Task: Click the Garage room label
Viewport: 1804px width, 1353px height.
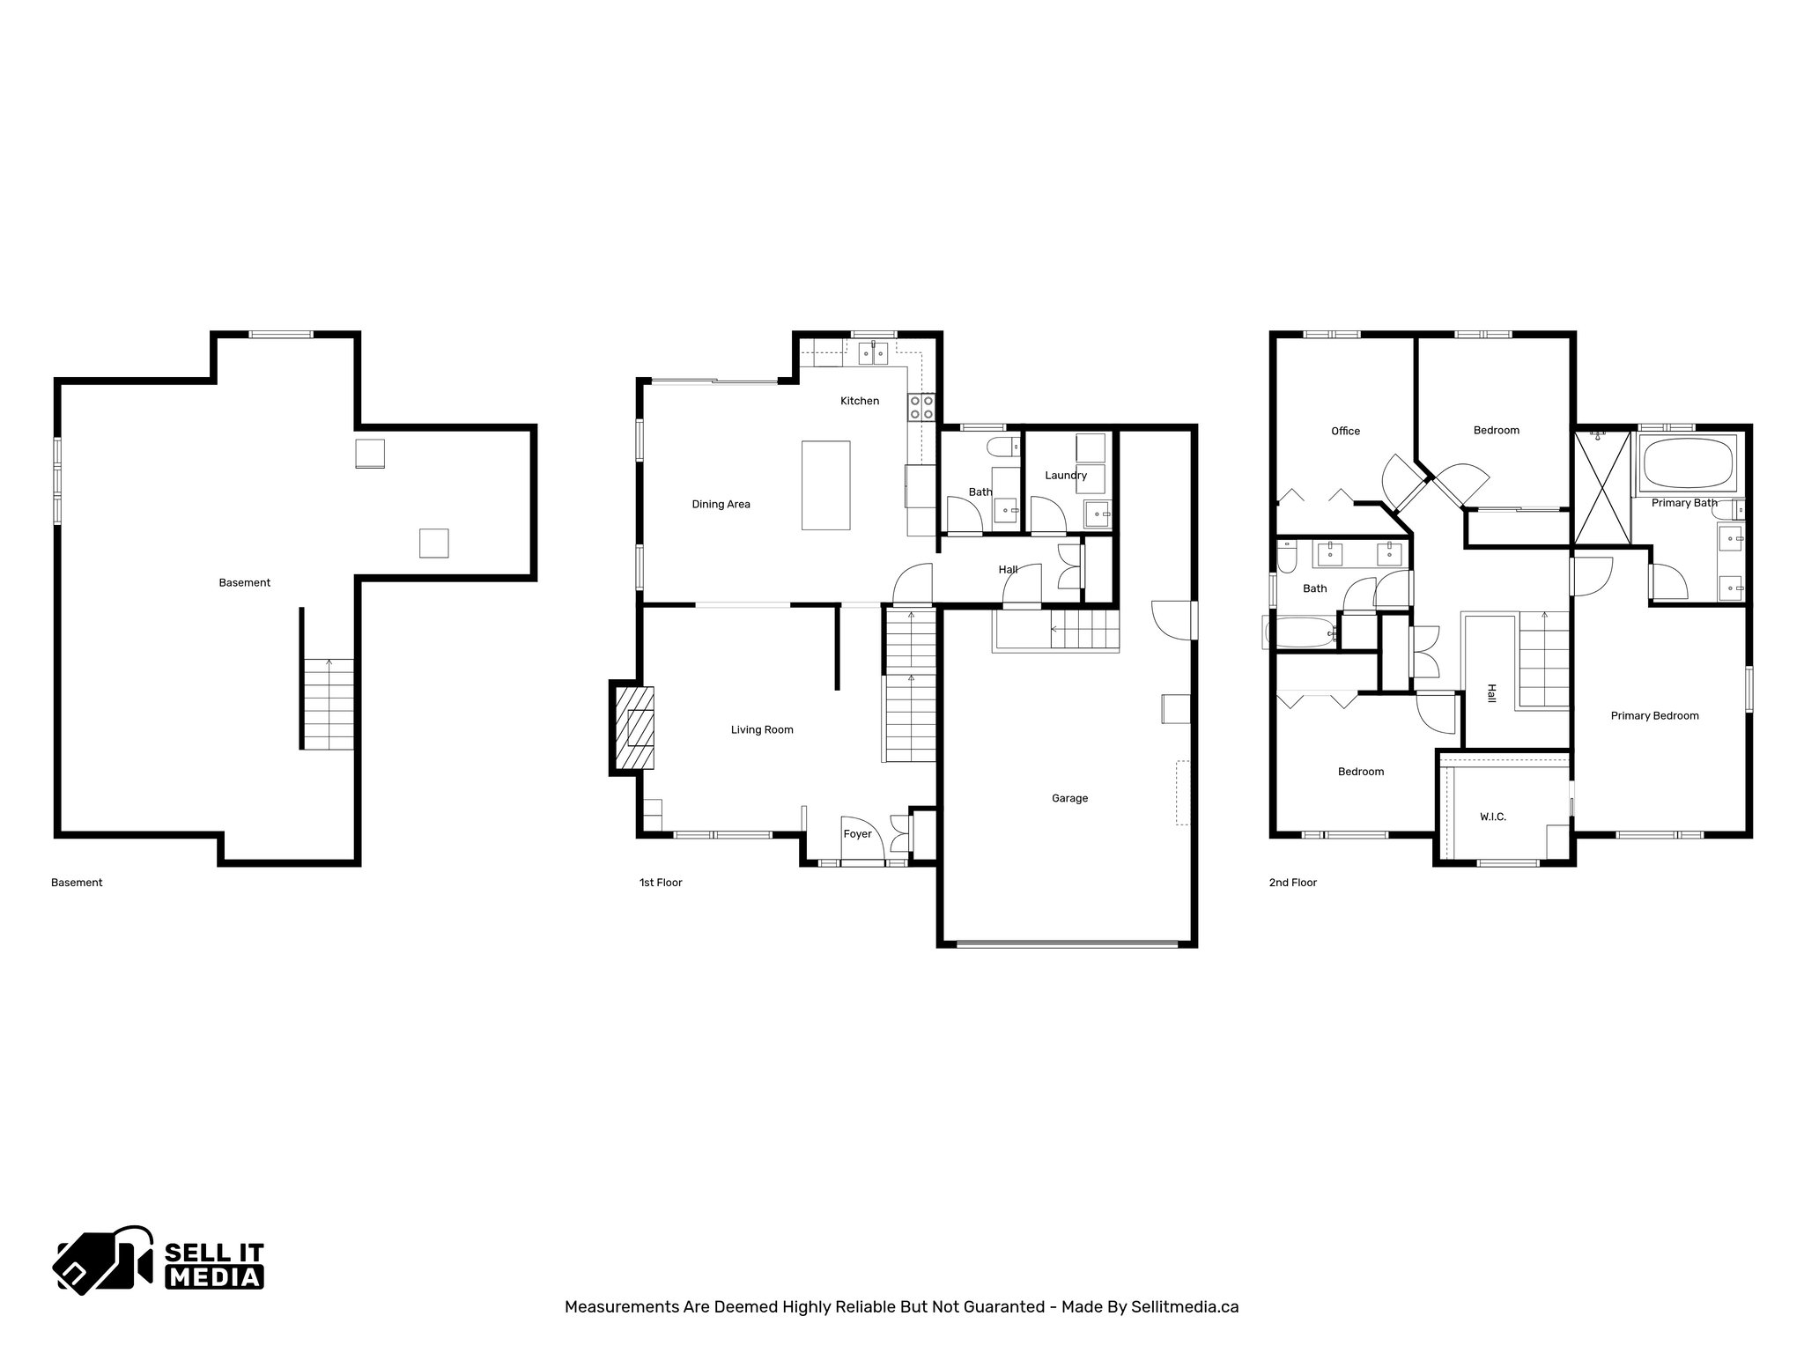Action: pos(1069,798)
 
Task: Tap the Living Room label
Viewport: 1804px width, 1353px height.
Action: pos(762,729)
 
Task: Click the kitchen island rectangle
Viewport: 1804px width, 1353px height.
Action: pos(825,485)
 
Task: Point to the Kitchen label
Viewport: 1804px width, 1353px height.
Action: pos(859,401)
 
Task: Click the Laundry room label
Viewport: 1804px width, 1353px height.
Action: pos(1066,475)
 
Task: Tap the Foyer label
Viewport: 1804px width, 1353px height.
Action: pos(857,833)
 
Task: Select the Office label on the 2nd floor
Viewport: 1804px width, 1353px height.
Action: pos(1345,431)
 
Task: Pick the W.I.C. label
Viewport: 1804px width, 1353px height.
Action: pos(1492,817)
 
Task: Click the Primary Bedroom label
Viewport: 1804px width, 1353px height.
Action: pos(1654,715)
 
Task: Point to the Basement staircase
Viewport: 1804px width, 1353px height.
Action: pos(329,705)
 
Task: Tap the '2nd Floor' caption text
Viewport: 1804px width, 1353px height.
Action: pos(1292,882)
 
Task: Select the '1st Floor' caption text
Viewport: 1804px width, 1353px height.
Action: pos(661,882)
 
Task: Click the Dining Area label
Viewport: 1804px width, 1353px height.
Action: pos(721,504)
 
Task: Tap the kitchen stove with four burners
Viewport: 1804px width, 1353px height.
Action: pos(921,407)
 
